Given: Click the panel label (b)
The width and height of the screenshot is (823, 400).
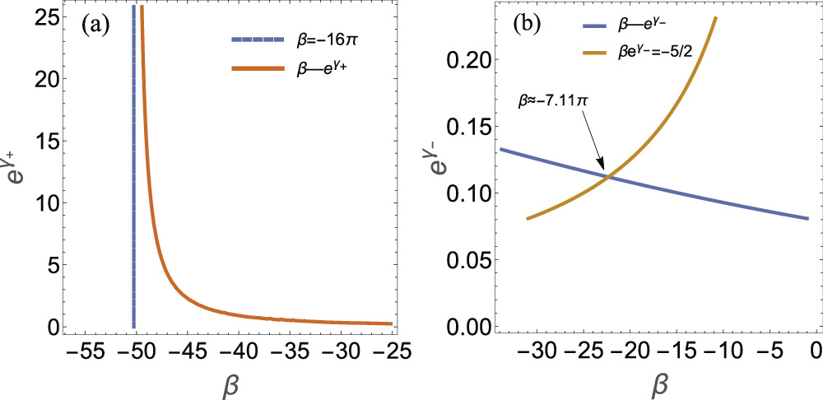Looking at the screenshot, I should tap(527, 26).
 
